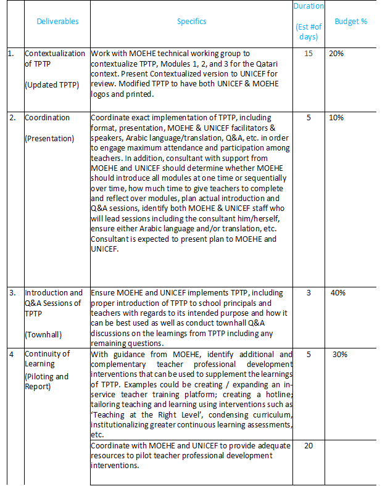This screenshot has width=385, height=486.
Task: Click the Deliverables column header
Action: (x=57, y=21)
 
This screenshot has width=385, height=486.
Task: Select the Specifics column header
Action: (x=191, y=21)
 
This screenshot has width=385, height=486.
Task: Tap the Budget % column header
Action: (x=350, y=21)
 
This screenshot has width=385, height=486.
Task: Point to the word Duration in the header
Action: (x=308, y=6)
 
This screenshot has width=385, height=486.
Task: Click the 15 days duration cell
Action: (x=308, y=54)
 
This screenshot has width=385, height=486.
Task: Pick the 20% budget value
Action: (x=336, y=54)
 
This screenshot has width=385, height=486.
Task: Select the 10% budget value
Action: (x=336, y=118)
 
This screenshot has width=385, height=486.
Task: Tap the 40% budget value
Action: (x=337, y=293)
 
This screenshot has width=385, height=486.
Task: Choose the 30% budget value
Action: (x=340, y=354)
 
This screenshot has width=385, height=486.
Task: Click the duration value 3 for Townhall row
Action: (x=308, y=293)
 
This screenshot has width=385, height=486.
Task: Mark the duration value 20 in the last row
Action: (x=308, y=445)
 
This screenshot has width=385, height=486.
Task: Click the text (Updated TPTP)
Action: (x=52, y=84)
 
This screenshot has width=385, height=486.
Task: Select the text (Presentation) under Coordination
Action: (x=49, y=138)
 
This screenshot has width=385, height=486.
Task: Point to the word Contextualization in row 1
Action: (x=55, y=54)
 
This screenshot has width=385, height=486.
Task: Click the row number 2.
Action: (x=10, y=118)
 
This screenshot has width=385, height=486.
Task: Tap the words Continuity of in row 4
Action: (x=47, y=354)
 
